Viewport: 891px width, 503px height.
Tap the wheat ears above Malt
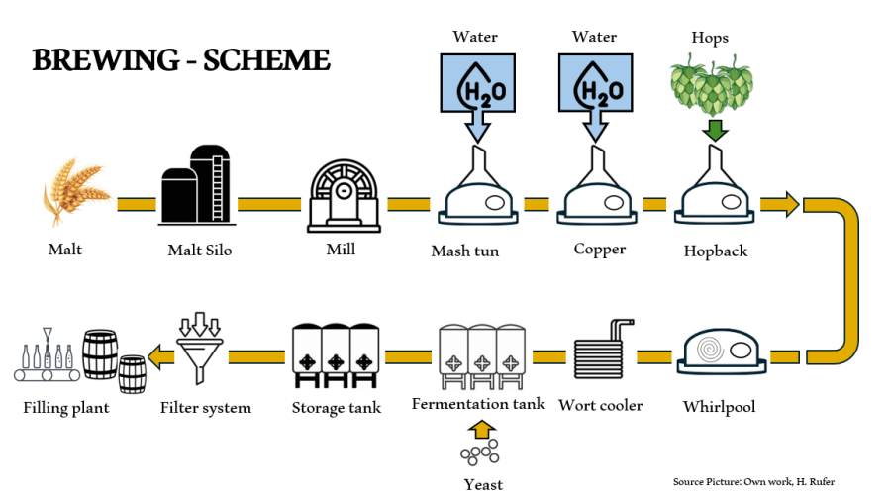point(75,190)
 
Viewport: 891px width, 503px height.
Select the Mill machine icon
point(344,194)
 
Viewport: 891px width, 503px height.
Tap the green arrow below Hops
point(715,131)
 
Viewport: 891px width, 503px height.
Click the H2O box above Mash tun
point(475,87)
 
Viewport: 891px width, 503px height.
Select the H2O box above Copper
point(594,87)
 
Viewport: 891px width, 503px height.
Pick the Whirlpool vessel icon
point(722,352)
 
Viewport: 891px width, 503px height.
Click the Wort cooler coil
point(602,354)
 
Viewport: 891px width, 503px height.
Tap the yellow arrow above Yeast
point(481,429)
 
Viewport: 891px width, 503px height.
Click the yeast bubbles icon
point(479,453)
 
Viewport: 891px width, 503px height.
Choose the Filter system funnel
point(204,351)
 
